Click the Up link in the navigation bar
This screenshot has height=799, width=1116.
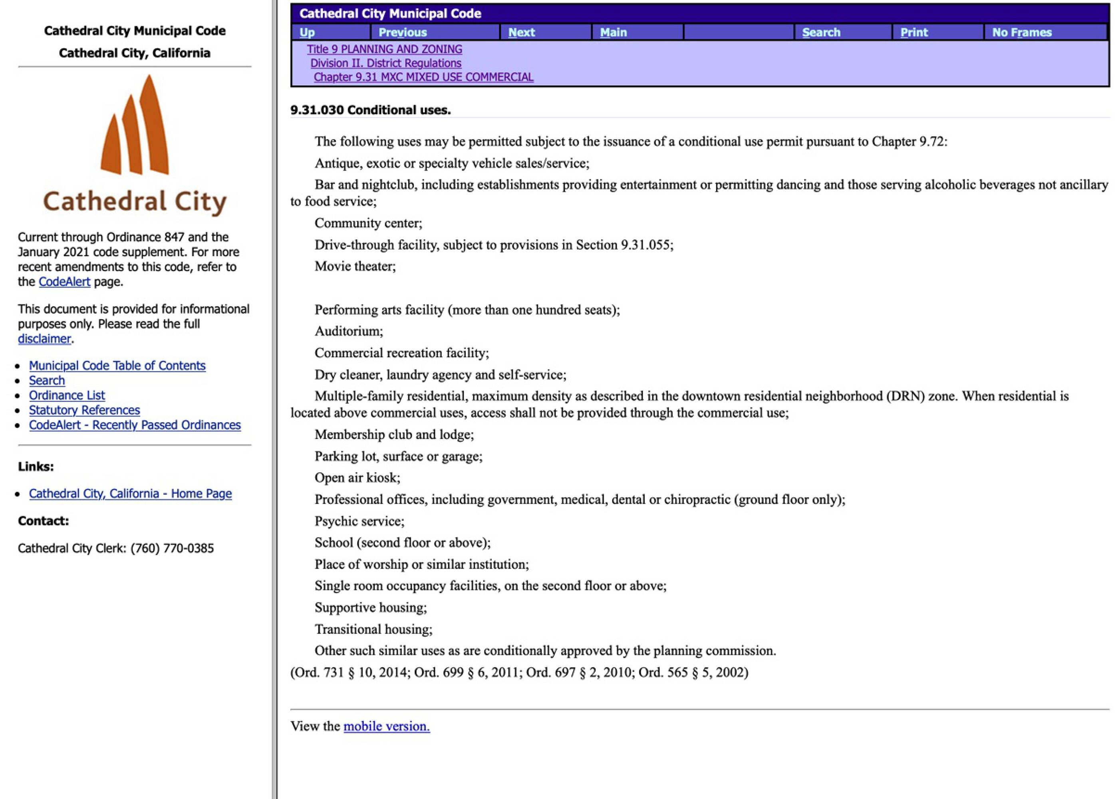307,32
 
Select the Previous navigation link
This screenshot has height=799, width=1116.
402,32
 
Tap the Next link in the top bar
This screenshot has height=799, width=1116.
521,32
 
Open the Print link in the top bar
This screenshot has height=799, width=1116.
914,32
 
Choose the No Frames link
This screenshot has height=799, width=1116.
1022,32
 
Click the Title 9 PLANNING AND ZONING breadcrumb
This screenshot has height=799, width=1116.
384,49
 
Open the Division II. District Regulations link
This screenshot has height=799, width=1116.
385,63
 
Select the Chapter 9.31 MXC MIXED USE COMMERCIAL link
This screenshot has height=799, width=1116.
423,77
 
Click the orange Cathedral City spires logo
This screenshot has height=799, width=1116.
135,126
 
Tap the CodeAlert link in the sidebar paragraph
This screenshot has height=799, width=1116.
64,282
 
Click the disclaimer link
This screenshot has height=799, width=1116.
44,339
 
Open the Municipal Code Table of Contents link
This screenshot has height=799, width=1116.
117,366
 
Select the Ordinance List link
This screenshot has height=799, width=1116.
67,396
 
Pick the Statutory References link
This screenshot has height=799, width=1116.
84,410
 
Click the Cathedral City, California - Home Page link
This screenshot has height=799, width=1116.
130,494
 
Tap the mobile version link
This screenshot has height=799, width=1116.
387,726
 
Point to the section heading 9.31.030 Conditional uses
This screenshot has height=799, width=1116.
370,110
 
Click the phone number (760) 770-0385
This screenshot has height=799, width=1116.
172,549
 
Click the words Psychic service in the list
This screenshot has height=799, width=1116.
359,521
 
